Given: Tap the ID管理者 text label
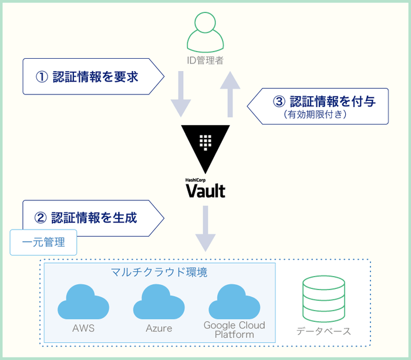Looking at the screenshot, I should tap(205, 60).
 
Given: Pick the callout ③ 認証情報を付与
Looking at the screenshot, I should tap(320, 106).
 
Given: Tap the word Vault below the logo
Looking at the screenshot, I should tap(205, 190).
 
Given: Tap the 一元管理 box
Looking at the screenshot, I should tap(43, 243).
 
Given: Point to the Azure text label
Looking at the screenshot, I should tap(159, 328).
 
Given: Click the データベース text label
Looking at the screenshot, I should tap(324, 331).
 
